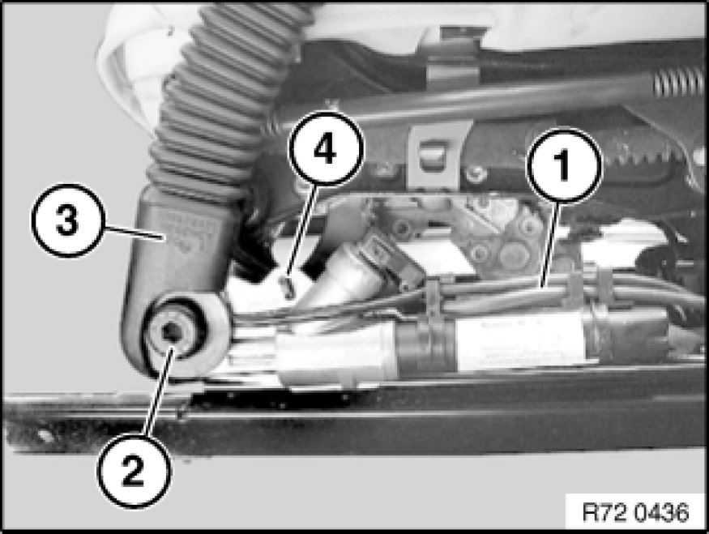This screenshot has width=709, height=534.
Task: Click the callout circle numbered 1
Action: pyautogui.click(x=564, y=165)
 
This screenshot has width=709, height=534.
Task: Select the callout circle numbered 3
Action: pyautogui.click(x=68, y=220)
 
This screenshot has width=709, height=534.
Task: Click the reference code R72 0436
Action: pyautogui.click(x=635, y=512)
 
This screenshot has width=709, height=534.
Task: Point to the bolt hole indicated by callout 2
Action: pyautogui.click(x=171, y=331)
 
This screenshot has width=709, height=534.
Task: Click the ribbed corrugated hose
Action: pyautogui.click(x=216, y=100)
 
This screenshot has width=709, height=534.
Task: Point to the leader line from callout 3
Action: pyautogui.click(x=134, y=233)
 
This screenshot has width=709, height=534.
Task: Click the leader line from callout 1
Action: pyautogui.click(x=552, y=244)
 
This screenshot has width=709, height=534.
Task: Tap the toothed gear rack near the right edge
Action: pyautogui.click(x=651, y=156)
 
